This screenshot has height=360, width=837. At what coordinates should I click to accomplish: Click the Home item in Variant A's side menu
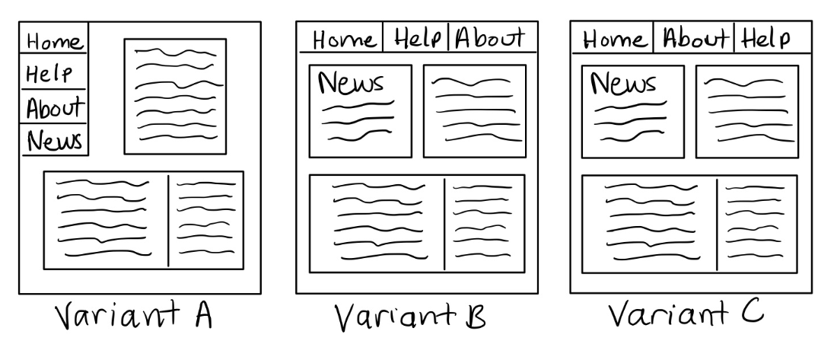55,42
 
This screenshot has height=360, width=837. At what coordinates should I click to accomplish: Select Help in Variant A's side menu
49,74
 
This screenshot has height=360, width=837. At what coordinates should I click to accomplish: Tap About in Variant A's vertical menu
56,108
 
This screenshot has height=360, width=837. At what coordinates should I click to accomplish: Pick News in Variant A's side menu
55,141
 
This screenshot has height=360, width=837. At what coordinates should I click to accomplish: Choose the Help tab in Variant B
418,39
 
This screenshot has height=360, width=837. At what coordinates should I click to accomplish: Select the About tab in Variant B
490,38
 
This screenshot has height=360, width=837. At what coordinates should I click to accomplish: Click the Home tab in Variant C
614,40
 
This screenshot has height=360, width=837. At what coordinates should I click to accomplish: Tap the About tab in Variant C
695,39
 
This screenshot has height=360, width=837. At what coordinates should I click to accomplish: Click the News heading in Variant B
351,83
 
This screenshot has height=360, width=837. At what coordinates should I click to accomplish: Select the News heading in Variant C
623,84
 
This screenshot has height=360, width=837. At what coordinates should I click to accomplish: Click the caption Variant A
134,315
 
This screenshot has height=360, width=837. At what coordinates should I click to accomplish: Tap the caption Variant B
410,317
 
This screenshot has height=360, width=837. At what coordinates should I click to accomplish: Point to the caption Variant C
686,314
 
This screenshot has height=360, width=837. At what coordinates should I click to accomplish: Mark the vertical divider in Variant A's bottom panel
168,220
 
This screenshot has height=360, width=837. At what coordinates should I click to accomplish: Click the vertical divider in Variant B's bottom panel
444,225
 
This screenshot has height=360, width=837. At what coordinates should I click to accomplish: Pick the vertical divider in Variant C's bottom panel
717,225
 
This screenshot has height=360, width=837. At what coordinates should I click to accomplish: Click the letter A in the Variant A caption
203,315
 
